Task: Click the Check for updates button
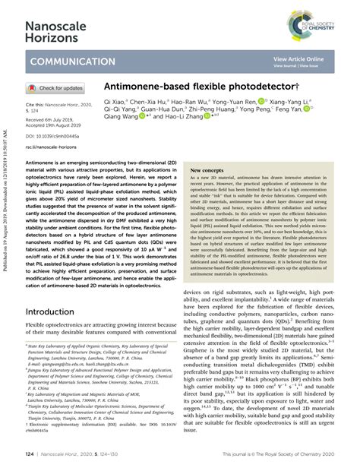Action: coord(57,87)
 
